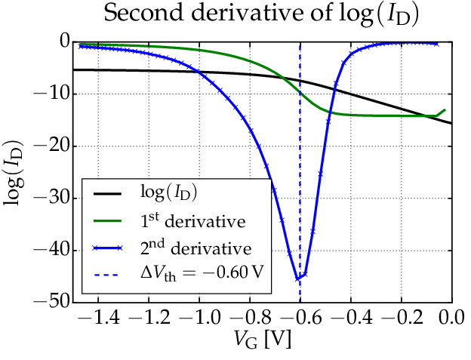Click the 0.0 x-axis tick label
[x=451, y=316]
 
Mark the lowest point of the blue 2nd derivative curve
[x=297, y=278]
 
